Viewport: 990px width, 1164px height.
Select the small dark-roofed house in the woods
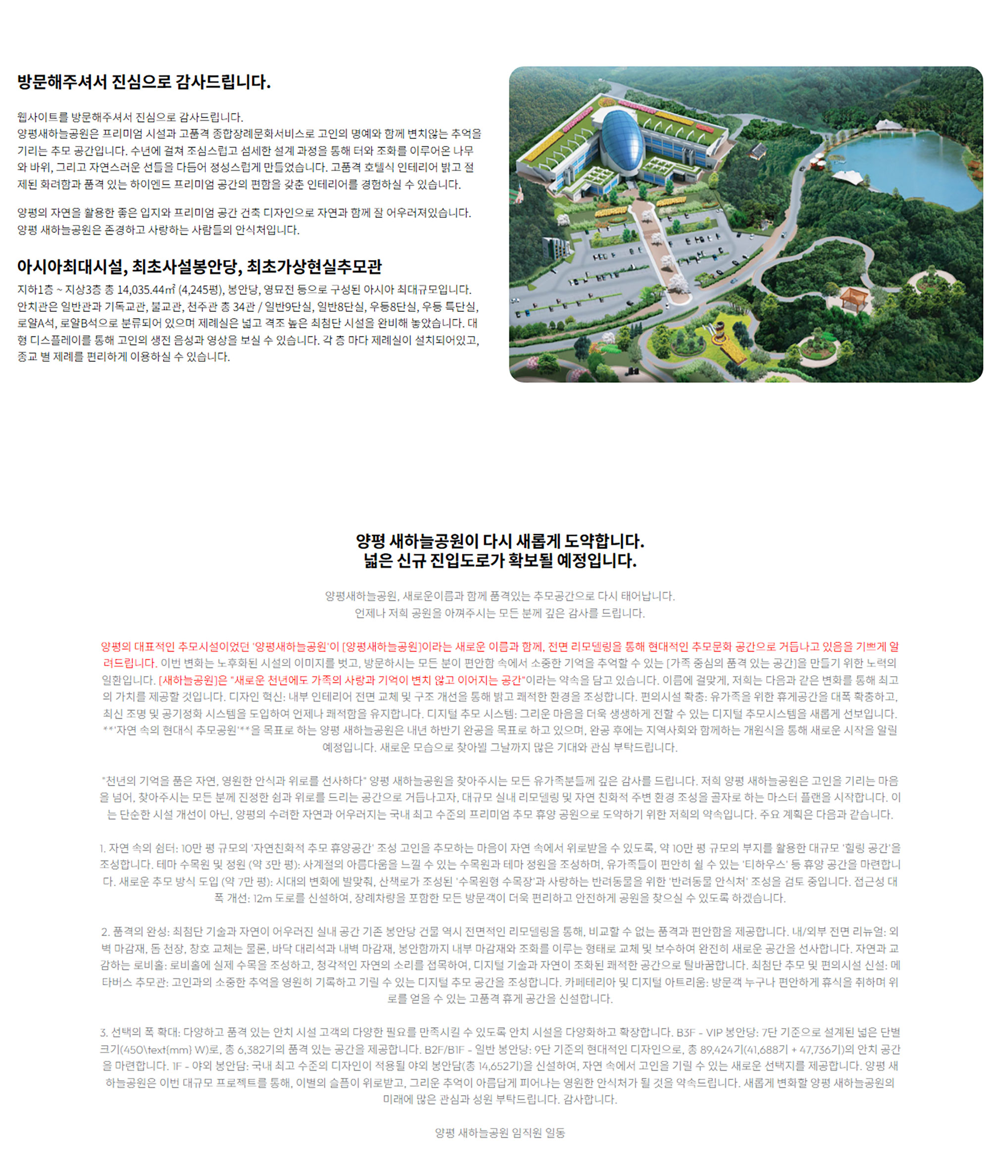[758, 151]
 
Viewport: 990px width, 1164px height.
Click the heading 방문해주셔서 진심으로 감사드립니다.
[144, 82]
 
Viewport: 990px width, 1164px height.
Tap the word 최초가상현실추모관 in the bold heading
[314, 266]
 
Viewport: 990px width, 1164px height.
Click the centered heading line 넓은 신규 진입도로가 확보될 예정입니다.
[499, 560]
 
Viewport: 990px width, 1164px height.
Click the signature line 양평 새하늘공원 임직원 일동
[499, 1133]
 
